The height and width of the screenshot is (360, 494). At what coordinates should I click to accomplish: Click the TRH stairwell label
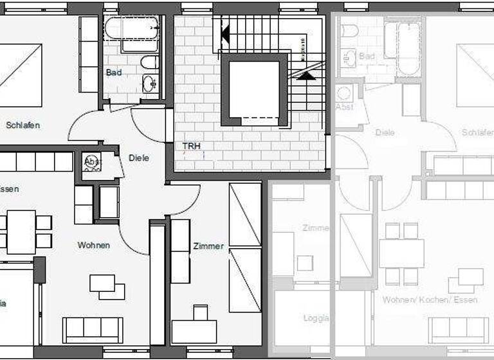pos(192,147)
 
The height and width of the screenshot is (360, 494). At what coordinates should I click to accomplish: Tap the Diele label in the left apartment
pos(139,157)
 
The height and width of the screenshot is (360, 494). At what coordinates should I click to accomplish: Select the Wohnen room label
pos(94,245)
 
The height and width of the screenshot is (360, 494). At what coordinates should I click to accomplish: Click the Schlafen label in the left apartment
pos(23,125)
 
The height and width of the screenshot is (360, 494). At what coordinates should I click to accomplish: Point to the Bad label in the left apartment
pos(114,73)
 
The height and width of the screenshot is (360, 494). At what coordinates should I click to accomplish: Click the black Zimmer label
pos(208,246)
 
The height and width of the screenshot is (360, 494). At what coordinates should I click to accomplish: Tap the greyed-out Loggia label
pos(316,318)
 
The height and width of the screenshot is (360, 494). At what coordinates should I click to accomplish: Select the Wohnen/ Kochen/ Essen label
pos(425,300)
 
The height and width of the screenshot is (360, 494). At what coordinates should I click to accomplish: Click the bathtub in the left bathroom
pos(132,29)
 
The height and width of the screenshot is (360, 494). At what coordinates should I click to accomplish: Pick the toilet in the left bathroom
pos(149,63)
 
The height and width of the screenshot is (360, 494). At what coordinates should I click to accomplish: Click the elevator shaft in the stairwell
pos(253,91)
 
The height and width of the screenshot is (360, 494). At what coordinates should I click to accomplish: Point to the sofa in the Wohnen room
pos(93,329)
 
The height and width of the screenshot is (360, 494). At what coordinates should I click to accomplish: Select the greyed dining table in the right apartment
pos(401,253)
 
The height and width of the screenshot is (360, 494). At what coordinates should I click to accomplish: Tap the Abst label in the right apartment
pos(345,107)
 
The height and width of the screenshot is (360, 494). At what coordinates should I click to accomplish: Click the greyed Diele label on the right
pos(384,132)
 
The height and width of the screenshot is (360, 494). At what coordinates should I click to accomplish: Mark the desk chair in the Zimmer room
pos(200,312)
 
